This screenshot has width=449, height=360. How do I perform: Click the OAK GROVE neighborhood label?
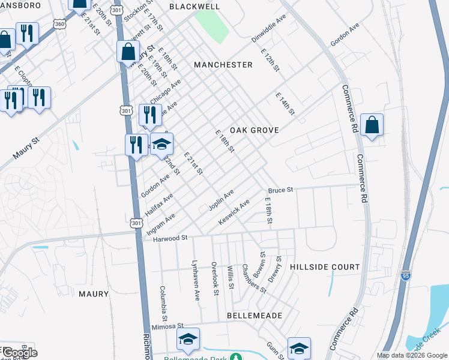point(253,130)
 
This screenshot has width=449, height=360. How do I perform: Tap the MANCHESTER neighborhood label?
point(223,64)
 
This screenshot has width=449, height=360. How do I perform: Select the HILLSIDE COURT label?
point(325,266)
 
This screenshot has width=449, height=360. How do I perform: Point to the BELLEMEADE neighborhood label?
point(255,315)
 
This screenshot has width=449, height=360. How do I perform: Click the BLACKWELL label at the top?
point(194,7)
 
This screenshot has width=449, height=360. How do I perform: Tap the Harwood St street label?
point(170,238)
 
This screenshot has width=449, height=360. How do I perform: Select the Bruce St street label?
point(280,190)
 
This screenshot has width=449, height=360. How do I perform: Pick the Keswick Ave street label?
point(234,213)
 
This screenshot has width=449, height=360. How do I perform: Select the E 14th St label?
point(286,104)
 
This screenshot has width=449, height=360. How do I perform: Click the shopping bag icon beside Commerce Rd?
point(372,126)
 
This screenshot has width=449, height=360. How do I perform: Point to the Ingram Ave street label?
point(161,224)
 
